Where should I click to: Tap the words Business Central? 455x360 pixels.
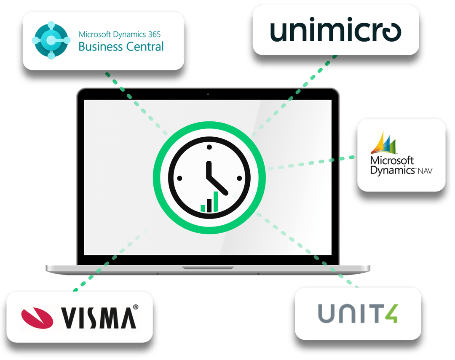pos(121,46)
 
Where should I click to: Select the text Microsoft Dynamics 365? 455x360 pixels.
pos(120,34)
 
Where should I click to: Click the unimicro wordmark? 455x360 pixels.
pos(335,32)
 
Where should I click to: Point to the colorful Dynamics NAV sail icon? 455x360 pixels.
pos(384,144)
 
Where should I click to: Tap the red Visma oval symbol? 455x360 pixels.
pos(37,316)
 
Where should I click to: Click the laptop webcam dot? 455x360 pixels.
pos(208,94)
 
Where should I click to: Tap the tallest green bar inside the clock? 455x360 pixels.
pos(216,201)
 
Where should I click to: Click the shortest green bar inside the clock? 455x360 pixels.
pos(203,208)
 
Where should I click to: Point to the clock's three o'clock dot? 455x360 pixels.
pos(240,178)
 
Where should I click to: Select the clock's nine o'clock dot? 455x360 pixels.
pos(179,178)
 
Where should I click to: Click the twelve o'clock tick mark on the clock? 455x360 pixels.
pos(209,147)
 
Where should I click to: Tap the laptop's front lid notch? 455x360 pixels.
pos(208,267)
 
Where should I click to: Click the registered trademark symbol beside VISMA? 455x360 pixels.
pos(135,307)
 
